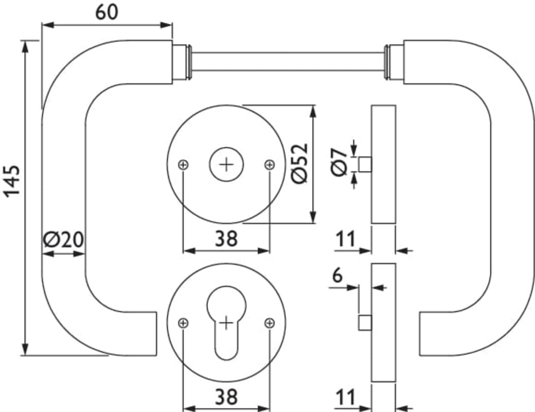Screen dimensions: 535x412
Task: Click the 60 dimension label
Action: point(107,12)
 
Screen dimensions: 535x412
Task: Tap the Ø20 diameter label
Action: point(63,239)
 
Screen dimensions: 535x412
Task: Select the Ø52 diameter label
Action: point(300,163)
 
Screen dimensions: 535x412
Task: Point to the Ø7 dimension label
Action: point(339,162)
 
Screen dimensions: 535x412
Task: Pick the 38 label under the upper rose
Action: point(226,238)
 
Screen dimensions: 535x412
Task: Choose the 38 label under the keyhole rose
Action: point(226,397)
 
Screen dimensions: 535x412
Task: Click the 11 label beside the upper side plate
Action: point(346,238)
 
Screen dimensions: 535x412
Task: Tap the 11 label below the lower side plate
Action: point(346,397)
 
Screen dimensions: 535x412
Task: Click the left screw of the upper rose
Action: point(183,165)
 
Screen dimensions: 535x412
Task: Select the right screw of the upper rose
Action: point(269,165)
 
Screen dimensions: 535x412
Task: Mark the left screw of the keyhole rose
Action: point(183,322)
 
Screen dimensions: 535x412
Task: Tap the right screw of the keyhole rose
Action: point(269,322)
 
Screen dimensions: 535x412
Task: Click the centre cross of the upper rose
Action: point(227,165)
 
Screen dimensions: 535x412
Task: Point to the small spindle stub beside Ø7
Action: point(365,164)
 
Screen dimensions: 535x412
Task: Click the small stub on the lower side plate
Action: point(365,322)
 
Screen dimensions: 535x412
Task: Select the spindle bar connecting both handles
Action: point(289,61)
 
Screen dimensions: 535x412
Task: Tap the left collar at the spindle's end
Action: point(182,62)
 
